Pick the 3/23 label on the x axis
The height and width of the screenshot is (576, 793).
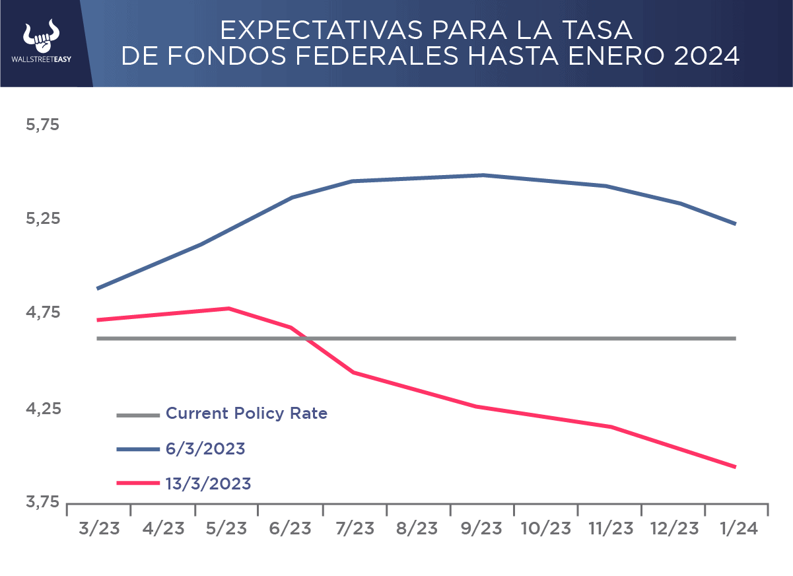[x=99, y=529]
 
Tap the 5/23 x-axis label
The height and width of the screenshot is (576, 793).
[x=226, y=529]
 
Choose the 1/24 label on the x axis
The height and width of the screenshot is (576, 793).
[x=736, y=529]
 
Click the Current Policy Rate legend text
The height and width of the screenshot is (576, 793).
[x=246, y=414]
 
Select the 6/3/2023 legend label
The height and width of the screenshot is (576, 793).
[x=205, y=449]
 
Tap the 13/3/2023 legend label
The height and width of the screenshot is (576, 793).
[x=208, y=484]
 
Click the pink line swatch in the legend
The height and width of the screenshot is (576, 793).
[x=138, y=484]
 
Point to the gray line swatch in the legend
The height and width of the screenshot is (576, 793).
[x=138, y=415]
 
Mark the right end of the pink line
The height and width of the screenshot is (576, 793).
[x=736, y=467]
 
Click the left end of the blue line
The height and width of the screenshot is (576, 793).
[x=98, y=289]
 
